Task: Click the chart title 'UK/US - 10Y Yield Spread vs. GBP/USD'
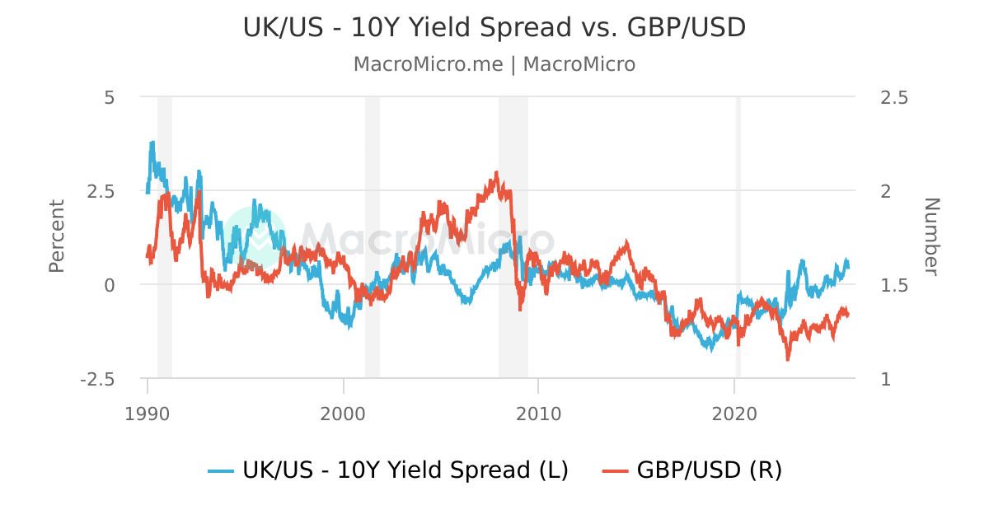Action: click(x=494, y=27)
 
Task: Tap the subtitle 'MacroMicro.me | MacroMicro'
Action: click(x=494, y=64)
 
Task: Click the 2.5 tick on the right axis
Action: click(x=894, y=97)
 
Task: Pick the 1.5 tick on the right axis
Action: click(x=894, y=285)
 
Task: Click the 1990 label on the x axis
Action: click(x=148, y=412)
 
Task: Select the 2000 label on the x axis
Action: click(x=343, y=412)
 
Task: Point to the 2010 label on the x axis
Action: click(x=538, y=412)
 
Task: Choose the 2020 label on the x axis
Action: click(x=734, y=412)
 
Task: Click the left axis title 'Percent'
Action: click(x=56, y=236)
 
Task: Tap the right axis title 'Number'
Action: click(x=930, y=236)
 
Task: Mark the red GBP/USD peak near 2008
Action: click(x=496, y=173)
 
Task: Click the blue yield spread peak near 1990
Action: click(x=152, y=143)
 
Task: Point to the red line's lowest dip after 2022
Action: click(x=788, y=358)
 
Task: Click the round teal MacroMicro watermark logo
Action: click(x=255, y=238)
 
